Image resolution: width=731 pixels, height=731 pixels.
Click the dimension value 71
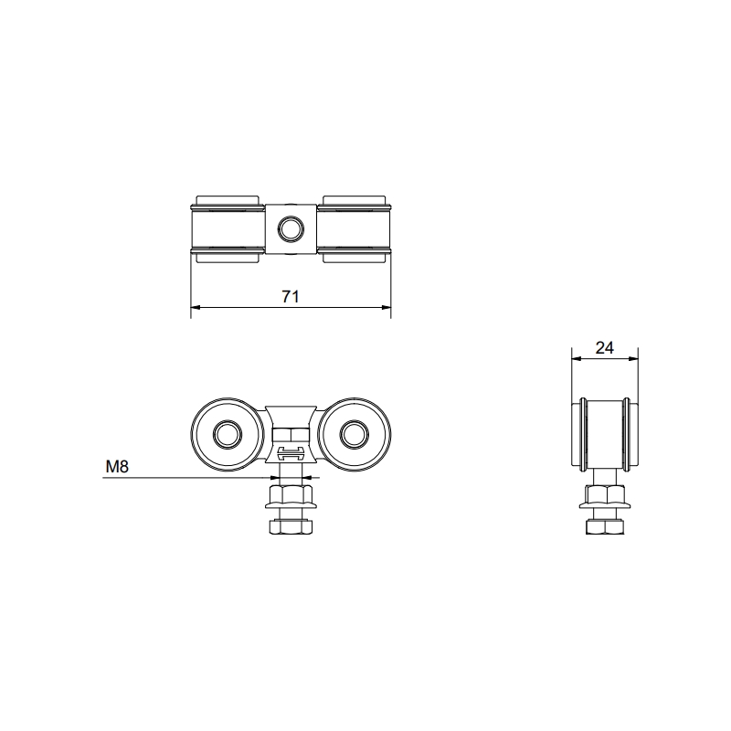click(291, 296)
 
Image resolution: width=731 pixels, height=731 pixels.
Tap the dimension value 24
click(604, 347)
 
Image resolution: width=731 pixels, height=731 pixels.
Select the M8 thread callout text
click(117, 466)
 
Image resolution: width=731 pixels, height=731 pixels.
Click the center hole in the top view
click(291, 228)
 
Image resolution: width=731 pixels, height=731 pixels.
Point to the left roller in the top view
click(228, 228)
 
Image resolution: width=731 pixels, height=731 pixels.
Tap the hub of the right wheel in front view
click(355, 433)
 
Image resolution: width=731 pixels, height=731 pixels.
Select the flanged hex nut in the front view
click(291, 498)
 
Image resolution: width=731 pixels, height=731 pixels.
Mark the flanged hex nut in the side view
click(604, 498)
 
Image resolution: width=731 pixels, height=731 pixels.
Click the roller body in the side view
click(604, 431)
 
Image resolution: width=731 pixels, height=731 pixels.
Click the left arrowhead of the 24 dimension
click(576, 359)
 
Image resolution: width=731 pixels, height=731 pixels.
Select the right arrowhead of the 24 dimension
click(633, 359)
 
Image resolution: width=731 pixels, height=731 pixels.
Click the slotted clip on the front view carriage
click(291, 454)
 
